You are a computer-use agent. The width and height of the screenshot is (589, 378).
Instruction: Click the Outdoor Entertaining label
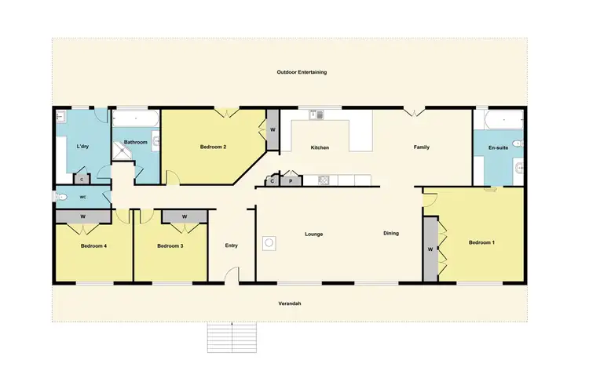pyautogui.click(x=302, y=72)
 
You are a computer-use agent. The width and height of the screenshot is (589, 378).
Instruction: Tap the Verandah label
pyautogui.click(x=290, y=303)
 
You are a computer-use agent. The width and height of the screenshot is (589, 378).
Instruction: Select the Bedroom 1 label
pyautogui.click(x=481, y=242)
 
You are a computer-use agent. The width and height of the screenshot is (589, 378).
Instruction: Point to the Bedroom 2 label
pyautogui.click(x=213, y=147)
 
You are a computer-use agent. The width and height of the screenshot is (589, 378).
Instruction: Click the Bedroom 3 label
pyautogui.click(x=170, y=245)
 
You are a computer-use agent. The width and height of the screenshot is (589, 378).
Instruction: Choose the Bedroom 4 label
pyautogui.click(x=93, y=245)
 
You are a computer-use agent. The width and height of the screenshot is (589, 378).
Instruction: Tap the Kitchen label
pyautogui.click(x=319, y=147)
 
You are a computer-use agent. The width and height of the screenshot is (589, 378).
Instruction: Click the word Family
pyautogui.click(x=422, y=147)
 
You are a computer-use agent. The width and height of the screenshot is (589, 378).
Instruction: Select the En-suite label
pyautogui.click(x=497, y=147)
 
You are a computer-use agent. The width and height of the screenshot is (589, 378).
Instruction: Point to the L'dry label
pyautogui.click(x=82, y=147)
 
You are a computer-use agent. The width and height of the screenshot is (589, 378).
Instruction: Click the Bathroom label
pyautogui.click(x=136, y=142)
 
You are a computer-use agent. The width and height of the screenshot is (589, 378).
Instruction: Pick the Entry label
pyautogui.click(x=232, y=245)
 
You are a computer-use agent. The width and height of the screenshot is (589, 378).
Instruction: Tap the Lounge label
pyautogui.click(x=314, y=234)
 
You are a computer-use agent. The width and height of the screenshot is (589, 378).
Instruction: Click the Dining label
pyautogui.click(x=391, y=234)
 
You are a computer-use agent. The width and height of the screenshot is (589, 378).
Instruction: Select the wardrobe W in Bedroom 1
pyautogui.click(x=430, y=249)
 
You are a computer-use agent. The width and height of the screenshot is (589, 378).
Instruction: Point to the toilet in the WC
pyautogui.click(x=63, y=197)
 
